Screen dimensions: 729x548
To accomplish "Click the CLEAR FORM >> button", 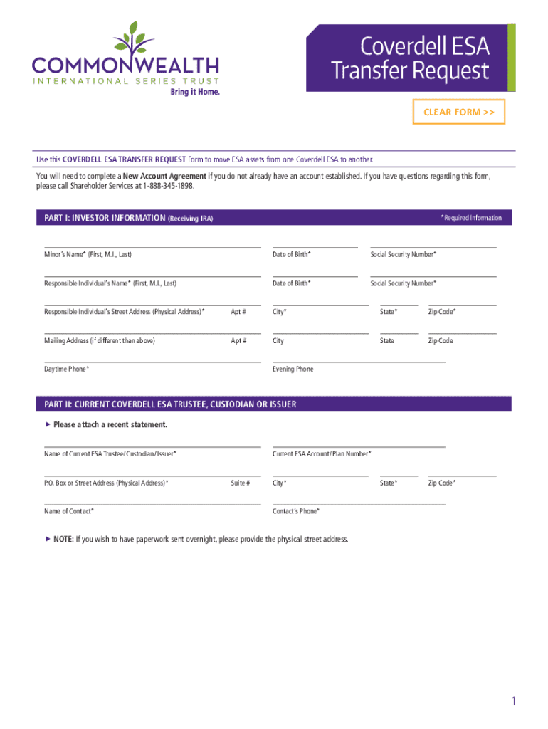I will click(459, 112).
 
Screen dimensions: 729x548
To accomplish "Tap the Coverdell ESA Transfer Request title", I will click(410, 58).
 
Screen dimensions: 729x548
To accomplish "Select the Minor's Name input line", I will click(152, 243).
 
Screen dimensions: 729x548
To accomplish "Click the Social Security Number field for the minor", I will click(433, 243).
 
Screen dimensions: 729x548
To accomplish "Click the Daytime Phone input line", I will click(152, 357).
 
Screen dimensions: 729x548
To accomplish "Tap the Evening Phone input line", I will click(359, 357).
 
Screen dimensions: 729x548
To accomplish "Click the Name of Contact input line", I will click(152, 500).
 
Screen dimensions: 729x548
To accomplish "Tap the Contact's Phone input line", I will click(359, 500).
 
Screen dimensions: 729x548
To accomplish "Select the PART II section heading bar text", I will click(170, 404).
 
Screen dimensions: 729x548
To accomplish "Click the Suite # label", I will click(240, 483).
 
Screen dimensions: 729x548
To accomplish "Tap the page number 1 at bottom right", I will click(512, 702).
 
